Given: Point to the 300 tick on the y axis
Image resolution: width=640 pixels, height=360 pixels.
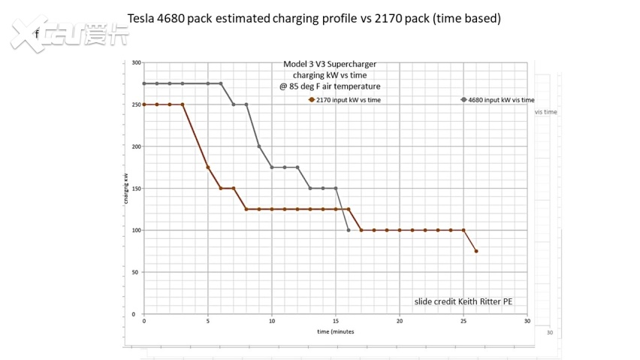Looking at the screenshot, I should point(135,62).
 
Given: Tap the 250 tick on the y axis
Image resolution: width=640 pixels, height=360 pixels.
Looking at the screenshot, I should point(135,104).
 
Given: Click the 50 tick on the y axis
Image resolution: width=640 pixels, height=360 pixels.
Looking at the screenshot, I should point(135,272).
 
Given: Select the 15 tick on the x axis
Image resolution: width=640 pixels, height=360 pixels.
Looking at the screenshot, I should point(336,321).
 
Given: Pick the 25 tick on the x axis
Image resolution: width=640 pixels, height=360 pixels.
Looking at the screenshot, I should point(463,321).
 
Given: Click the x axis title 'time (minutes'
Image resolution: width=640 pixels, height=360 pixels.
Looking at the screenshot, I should point(335,331).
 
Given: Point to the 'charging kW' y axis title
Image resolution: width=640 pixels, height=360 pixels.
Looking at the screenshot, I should point(125,188).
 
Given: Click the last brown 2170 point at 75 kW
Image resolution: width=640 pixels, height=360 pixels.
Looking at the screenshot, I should point(476,251).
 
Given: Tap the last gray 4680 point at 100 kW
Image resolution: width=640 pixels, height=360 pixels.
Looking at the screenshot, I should point(349,230).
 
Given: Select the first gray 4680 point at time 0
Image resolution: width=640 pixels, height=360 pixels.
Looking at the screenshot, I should point(144,83).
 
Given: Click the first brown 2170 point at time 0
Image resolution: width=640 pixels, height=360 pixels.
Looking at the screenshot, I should point(144,104).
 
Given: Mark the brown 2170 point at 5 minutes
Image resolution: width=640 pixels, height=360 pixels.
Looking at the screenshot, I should point(208,167).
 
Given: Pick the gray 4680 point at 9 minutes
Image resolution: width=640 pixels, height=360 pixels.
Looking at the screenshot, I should point(259,147).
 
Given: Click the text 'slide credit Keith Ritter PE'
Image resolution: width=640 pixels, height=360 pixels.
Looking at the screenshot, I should point(463,301).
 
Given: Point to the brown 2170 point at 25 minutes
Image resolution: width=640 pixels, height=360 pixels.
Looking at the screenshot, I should point(463,230).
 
